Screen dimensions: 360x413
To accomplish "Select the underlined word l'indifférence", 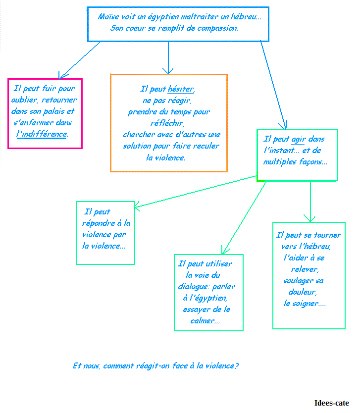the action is tap(42, 134).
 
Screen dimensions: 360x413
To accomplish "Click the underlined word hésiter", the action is tap(181, 89).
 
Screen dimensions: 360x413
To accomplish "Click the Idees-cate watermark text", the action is tap(332, 403).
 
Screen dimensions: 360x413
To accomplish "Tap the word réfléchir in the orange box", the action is tap(167, 123).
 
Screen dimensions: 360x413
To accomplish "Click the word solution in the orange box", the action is tap(133, 146).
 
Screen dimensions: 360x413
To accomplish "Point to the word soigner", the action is tap(305, 304).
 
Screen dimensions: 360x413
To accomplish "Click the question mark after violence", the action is tap(237, 365).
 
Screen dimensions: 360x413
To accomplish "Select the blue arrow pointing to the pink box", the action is tap(79, 60).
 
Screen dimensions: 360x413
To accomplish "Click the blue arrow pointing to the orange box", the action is tap(168, 57).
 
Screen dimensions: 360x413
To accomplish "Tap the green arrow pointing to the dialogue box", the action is tap(244, 218).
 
